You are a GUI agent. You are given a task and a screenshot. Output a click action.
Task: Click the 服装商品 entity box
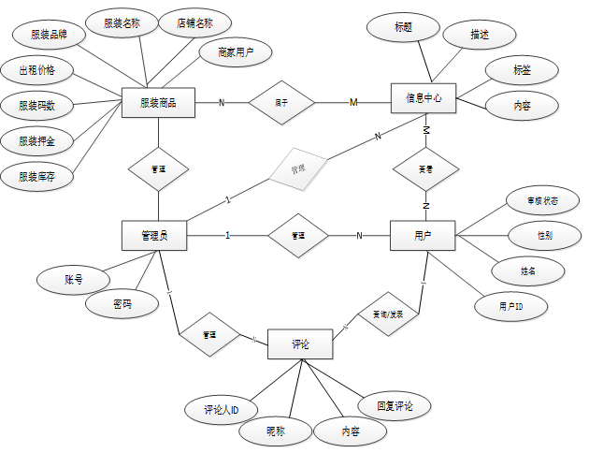pyautogui.click(x=158, y=102)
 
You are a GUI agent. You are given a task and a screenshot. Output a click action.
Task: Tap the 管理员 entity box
pyautogui.click(x=154, y=235)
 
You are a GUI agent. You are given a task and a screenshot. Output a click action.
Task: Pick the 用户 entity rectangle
pyautogui.click(x=422, y=235)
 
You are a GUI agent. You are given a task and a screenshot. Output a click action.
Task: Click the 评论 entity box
pyautogui.click(x=300, y=344)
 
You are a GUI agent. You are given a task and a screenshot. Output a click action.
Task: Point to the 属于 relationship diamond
pyautogui.click(x=281, y=101)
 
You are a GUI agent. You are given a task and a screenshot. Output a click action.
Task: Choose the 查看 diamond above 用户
pyautogui.click(x=425, y=169)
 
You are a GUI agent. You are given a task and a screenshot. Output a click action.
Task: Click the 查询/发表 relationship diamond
pyautogui.click(x=381, y=316)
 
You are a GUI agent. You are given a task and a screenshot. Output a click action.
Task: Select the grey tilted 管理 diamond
pyautogui.click(x=297, y=168)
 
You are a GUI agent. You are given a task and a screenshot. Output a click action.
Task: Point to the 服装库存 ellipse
pyautogui.click(x=36, y=175)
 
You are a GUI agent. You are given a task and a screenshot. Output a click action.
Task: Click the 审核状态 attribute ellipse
pyautogui.click(x=543, y=201)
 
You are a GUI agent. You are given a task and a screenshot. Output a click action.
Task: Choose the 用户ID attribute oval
pyautogui.click(x=510, y=306)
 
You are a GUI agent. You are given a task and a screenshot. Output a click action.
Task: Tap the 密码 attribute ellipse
pyautogui.click(x=122, y=305)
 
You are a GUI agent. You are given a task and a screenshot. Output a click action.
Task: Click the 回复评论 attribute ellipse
pyautogui.click(x=395, y=406)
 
